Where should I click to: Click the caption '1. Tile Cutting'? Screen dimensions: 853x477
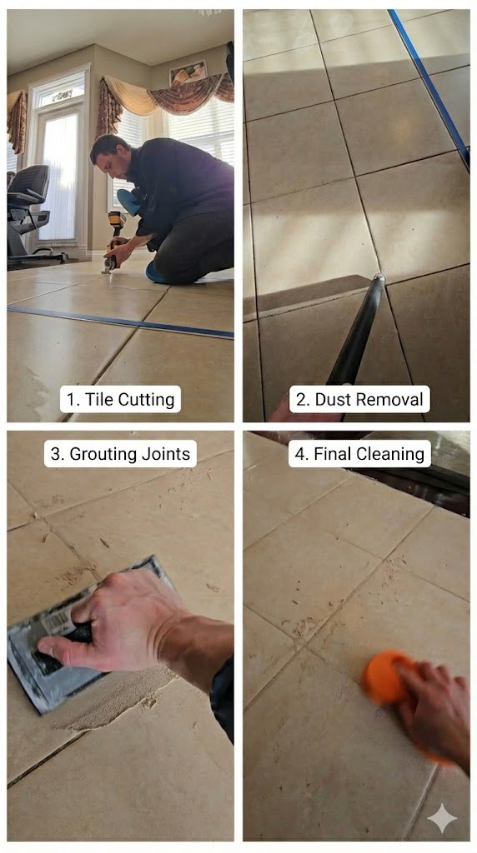(120, 399)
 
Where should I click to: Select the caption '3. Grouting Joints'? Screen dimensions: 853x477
(120, 454)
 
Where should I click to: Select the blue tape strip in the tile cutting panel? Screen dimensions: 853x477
(117, 321)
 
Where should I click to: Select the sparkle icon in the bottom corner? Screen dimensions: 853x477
(442, 819)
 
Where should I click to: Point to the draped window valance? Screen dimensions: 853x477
(167, 96)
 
